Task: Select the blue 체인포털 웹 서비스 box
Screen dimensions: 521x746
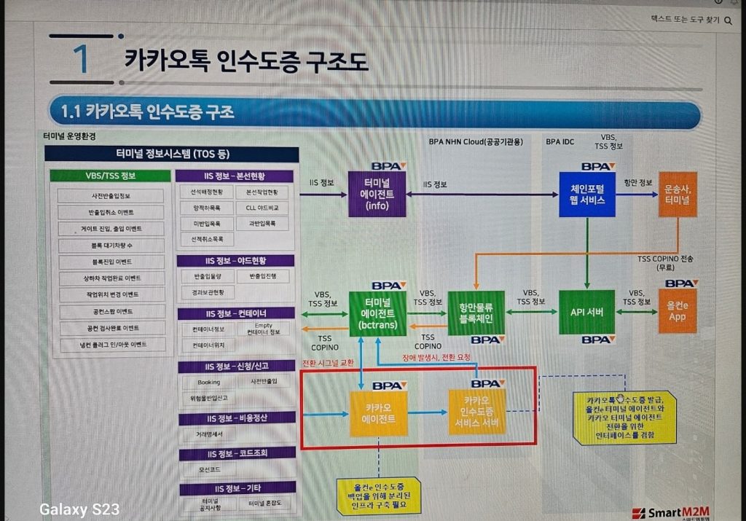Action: coord(587,194)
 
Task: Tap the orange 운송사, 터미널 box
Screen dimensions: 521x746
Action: coord(678,194)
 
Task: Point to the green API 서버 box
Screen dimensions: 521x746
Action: coord(587,312)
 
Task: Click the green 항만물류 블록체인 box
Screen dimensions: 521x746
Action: coord(476,312)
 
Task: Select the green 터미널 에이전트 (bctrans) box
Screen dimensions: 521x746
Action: coord(378,313)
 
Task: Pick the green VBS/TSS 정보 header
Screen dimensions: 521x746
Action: coord(110,176)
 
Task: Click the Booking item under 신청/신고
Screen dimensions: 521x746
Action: coord(208,382)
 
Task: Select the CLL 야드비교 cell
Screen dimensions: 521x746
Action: coord(261,207)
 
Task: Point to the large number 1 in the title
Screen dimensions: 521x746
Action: coord(82,60)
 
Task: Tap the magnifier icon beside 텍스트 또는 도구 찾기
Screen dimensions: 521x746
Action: coord(728,20)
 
